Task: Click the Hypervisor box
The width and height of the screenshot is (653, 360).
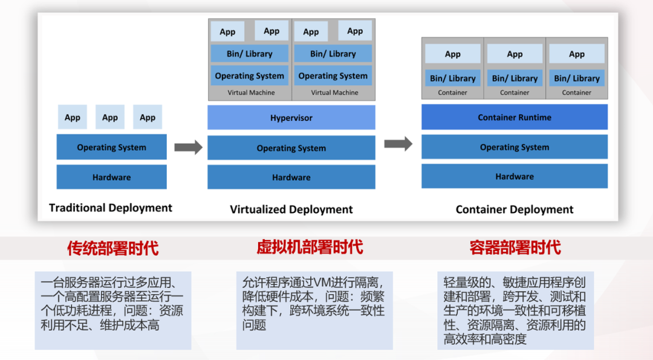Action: pyautogui.click(x=291, y=117)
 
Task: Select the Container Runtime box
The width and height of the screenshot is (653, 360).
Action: pyautogui.click(x=514, y=117)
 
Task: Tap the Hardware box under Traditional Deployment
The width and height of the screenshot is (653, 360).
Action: pyautogui.click(x=111, y=177)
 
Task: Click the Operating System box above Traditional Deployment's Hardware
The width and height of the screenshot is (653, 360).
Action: pyautogui.click(x=111, y=147)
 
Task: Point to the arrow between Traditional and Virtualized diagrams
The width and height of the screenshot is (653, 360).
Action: pyautogui.click(x=188, y=147)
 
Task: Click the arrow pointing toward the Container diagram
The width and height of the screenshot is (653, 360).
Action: pyautogui.click(x=398, y=144)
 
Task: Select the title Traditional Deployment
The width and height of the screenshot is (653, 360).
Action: pyautogui.click(x=111, y=208)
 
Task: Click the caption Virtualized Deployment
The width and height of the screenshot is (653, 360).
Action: pyautogui.click(x=291, y=209)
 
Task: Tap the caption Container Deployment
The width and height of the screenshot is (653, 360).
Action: pyautogui.click(x=514, y=209)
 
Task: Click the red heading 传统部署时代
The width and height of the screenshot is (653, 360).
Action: pyautogui.click(x=112, y=247)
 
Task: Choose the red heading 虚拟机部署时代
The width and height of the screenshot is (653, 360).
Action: pyautogui.click(x=310, y=247)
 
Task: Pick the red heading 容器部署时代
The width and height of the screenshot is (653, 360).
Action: pyautogui.click(x=515, y=247)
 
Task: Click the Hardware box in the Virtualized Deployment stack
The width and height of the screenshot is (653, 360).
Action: pyautogui.click(x=291, y=177)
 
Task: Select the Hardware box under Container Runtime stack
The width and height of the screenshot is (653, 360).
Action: pyautogui.click(x=514, y=176)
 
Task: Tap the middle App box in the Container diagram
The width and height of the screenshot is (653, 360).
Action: pyautogui.click(x=515, y=54)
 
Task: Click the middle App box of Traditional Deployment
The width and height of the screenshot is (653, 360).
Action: pyautogui.click(x=110, y=117)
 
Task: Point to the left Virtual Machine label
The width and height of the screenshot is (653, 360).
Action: pyautogui.click(x=251, y=93)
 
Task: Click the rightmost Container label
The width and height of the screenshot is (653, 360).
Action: pyautogui.click(x=576, y=93)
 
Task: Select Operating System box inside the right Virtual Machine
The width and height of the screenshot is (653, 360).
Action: pyautogui.click(x=333, y=76)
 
